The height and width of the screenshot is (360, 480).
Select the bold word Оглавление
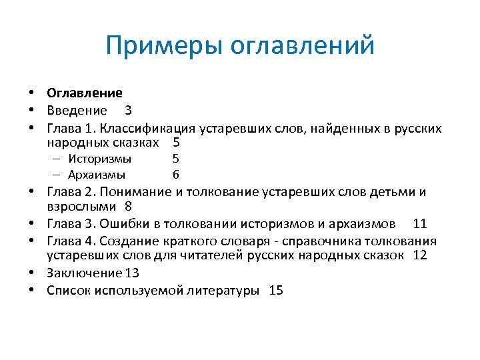[85, 94]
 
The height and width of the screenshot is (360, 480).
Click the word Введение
[77, 110]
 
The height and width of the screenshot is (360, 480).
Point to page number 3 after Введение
[128, 110]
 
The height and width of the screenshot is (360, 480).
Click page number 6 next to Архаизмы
[175, 175]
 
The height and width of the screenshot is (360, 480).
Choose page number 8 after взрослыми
[128, 207]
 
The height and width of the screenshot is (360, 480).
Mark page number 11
[420, 223]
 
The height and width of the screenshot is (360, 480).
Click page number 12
[420, 255]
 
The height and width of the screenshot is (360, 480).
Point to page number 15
[276, 290]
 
